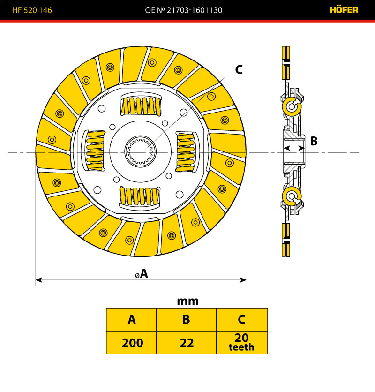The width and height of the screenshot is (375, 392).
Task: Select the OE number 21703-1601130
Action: (189, 9)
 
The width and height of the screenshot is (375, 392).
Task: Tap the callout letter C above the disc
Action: (239, 70)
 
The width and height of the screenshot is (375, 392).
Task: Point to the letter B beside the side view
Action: (314, 141)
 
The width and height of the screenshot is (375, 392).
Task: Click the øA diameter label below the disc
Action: (141, 274)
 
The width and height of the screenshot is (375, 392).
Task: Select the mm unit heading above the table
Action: (187, 301)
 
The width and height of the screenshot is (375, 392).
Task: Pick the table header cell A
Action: (132, 319)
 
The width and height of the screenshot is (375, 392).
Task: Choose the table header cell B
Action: (186, 319)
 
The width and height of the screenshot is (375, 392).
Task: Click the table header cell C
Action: (241, 319)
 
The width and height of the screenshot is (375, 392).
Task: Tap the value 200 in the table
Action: (132, 343)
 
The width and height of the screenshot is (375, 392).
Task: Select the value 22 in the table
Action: (186, 343)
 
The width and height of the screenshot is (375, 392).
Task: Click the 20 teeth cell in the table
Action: (241, 343)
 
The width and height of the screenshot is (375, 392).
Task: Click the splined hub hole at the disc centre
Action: (141, 151)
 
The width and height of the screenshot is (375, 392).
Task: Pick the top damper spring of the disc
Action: (142, 106)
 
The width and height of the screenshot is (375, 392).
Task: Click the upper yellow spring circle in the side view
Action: (291, 107)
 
